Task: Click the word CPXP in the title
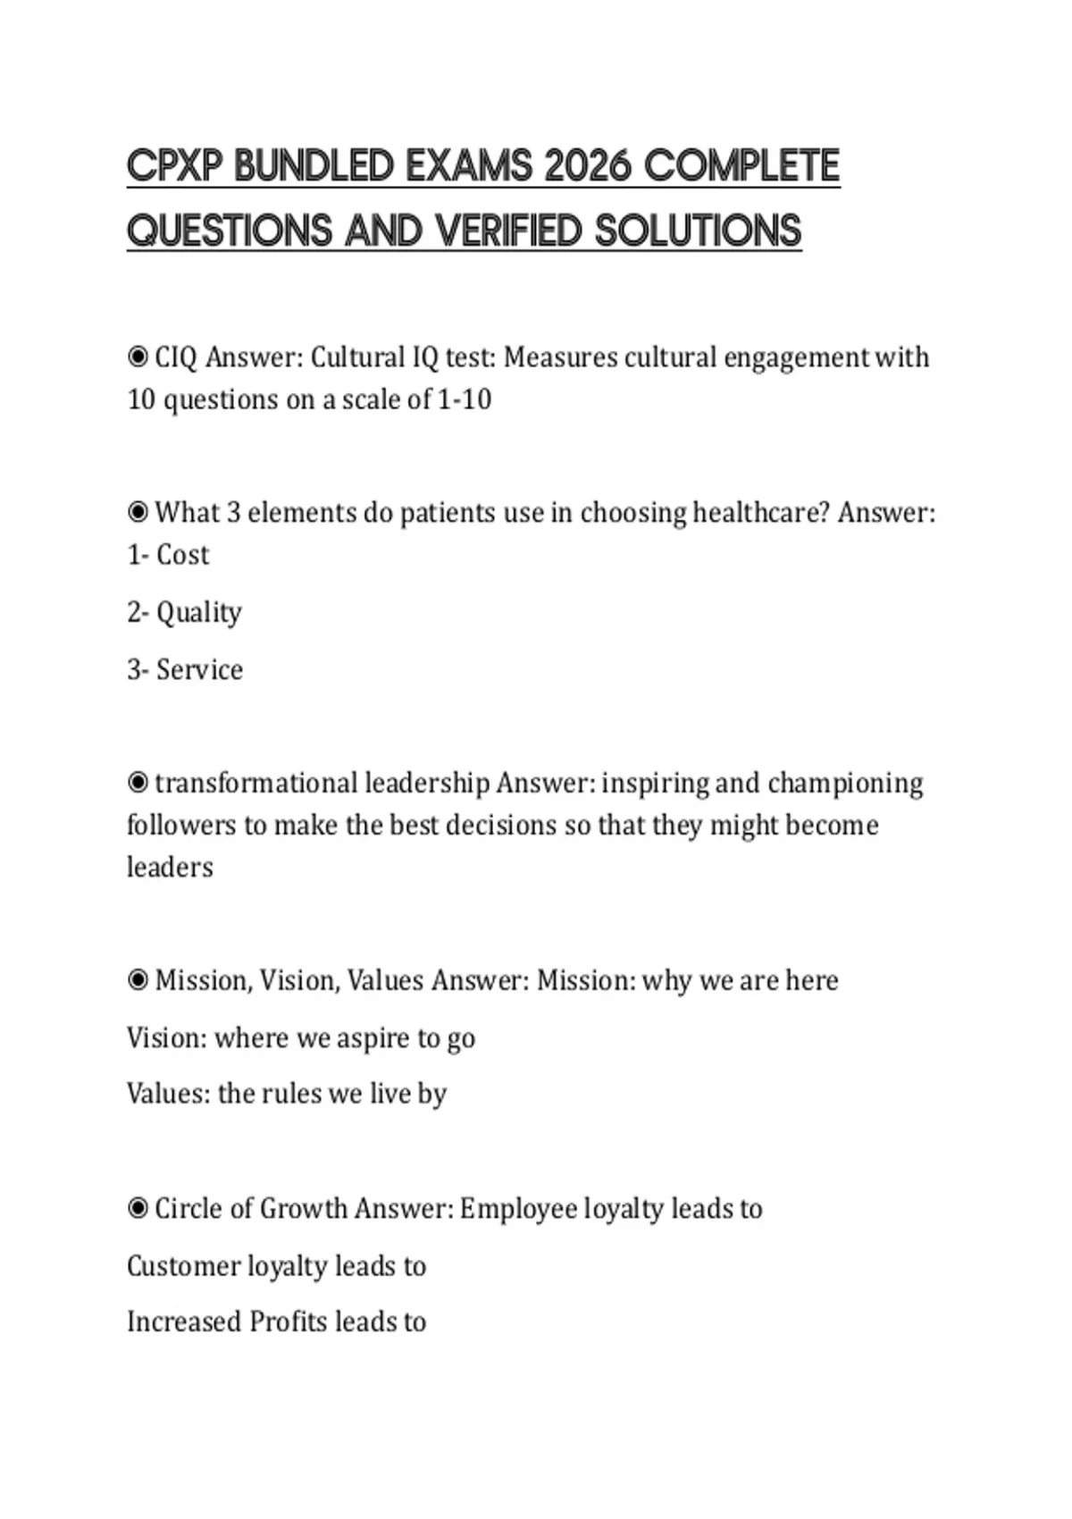(x=174, y=166)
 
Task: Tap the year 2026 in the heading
(x=586, y=166)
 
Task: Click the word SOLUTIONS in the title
(x=698, y=231)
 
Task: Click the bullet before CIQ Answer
(x=138, y=357)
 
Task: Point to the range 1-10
(x=465, y=399)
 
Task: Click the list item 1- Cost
(x=168, y=555)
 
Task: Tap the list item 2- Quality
(x=184, y=613)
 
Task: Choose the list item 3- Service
(x=185, y=670)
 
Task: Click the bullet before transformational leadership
(x=138, y=784)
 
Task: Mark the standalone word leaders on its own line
(x=170, y=868)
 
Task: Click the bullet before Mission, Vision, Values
(x=138, y=981)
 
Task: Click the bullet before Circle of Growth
(x=138, y=1209)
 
